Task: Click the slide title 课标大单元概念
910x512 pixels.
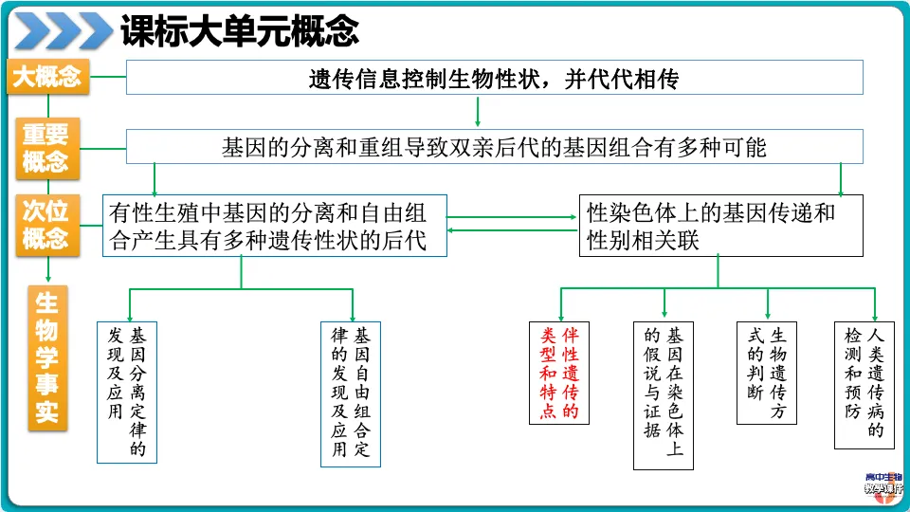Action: (x=240, y=30)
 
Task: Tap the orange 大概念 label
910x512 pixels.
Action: (x=48, y=76)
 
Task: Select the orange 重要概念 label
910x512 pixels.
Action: (x=47, y=148)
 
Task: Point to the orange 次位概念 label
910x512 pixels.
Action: (x=47, y=226)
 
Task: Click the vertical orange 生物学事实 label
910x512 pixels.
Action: (x=47, y=358)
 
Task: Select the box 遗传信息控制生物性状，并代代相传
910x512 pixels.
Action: (x=495, y=77)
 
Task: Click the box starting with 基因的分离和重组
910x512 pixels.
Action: (x=495, y=146)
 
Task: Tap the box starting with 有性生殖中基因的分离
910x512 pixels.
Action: (x=275, y=226)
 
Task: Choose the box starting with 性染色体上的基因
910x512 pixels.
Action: (x=720, y=226)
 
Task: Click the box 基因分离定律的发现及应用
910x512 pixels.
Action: (x=127, y=393)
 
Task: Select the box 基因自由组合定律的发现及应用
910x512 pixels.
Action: (x=351, y=394)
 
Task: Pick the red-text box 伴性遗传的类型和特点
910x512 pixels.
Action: (x=559, y=374)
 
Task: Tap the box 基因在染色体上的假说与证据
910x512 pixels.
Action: (x=664, y=396)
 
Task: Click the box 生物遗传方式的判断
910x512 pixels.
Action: (x=767, y=374)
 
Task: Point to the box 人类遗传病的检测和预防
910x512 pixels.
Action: (x=864, y=386)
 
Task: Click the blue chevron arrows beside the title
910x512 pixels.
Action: (x=63, y=30)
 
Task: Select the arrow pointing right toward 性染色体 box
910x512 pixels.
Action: (x=512, y=217)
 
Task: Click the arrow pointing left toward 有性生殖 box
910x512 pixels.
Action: (x=513, y=230)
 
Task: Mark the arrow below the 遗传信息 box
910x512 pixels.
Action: (x=478, y=111)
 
